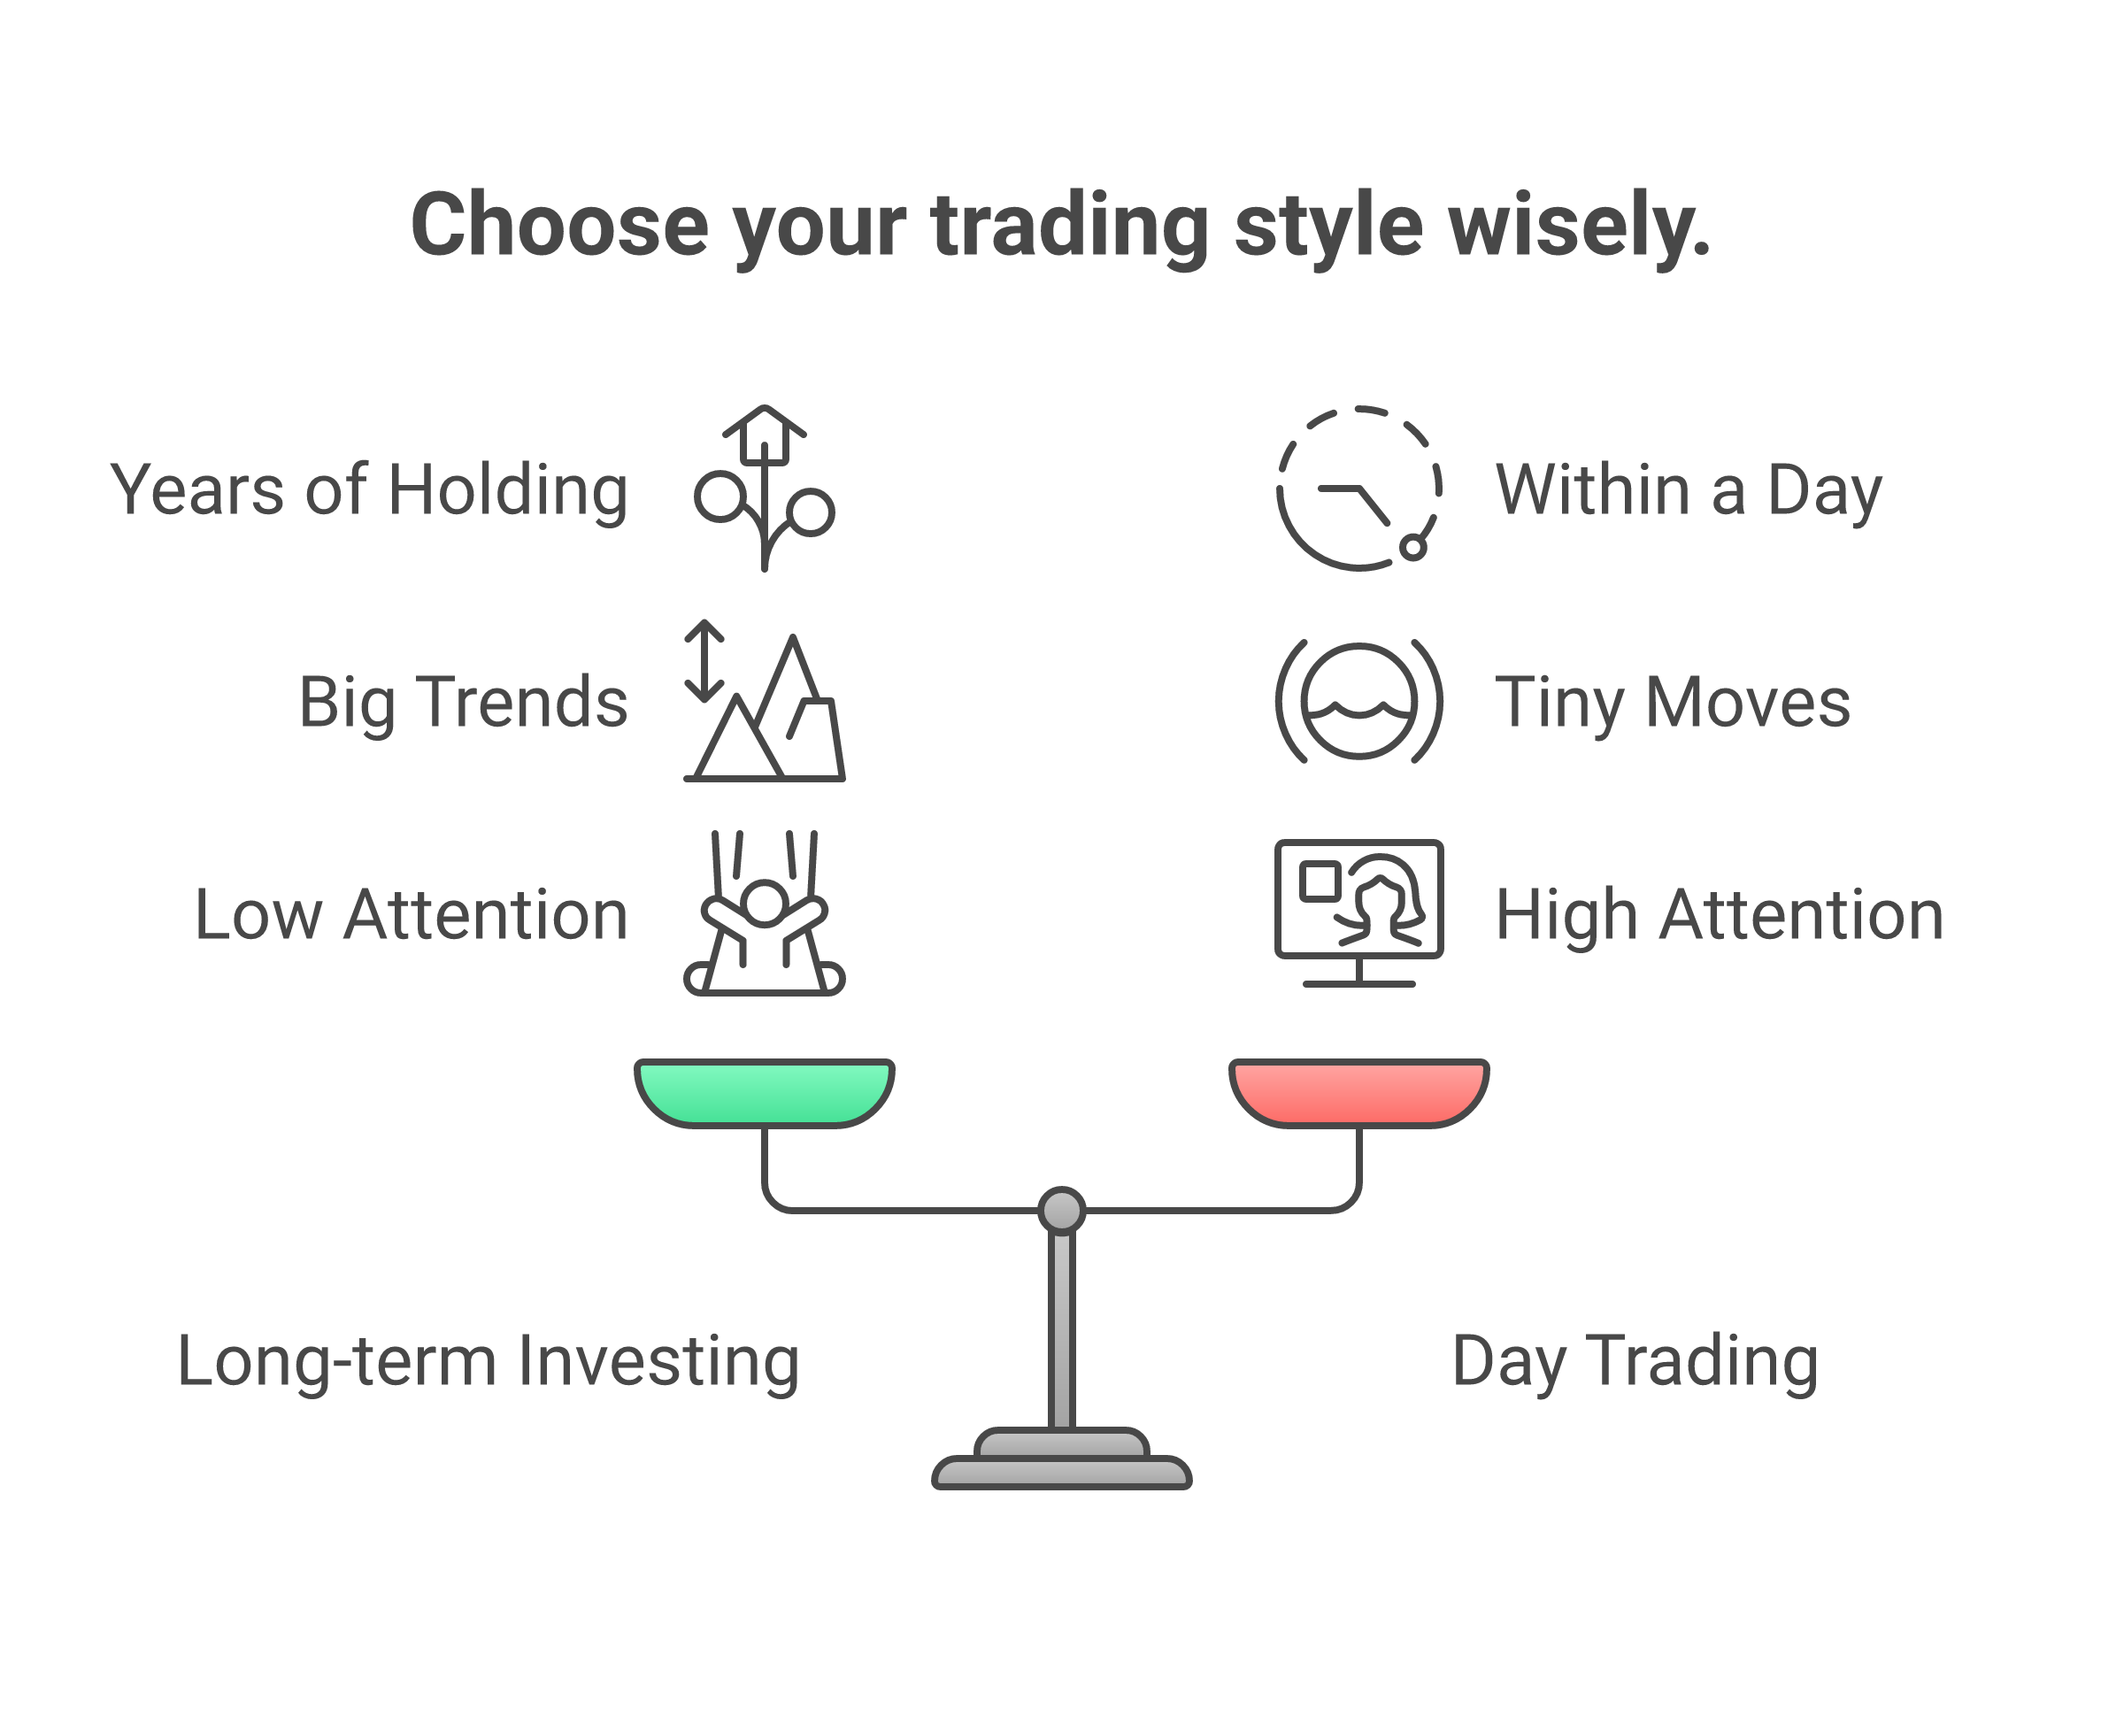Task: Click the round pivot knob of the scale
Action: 1061,1210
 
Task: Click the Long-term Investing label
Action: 488,1360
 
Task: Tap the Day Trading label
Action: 1635,1360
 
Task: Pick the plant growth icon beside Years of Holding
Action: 764,489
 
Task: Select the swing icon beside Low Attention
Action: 764,913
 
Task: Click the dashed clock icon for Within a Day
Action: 1358,489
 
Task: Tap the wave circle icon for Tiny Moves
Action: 1358,701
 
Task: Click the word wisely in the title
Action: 1579,227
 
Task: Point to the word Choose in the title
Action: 559,227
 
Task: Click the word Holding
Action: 507,489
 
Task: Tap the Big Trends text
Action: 463,702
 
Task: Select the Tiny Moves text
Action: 1672,702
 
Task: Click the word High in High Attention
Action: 1565,914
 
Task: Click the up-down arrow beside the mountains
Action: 704,660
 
